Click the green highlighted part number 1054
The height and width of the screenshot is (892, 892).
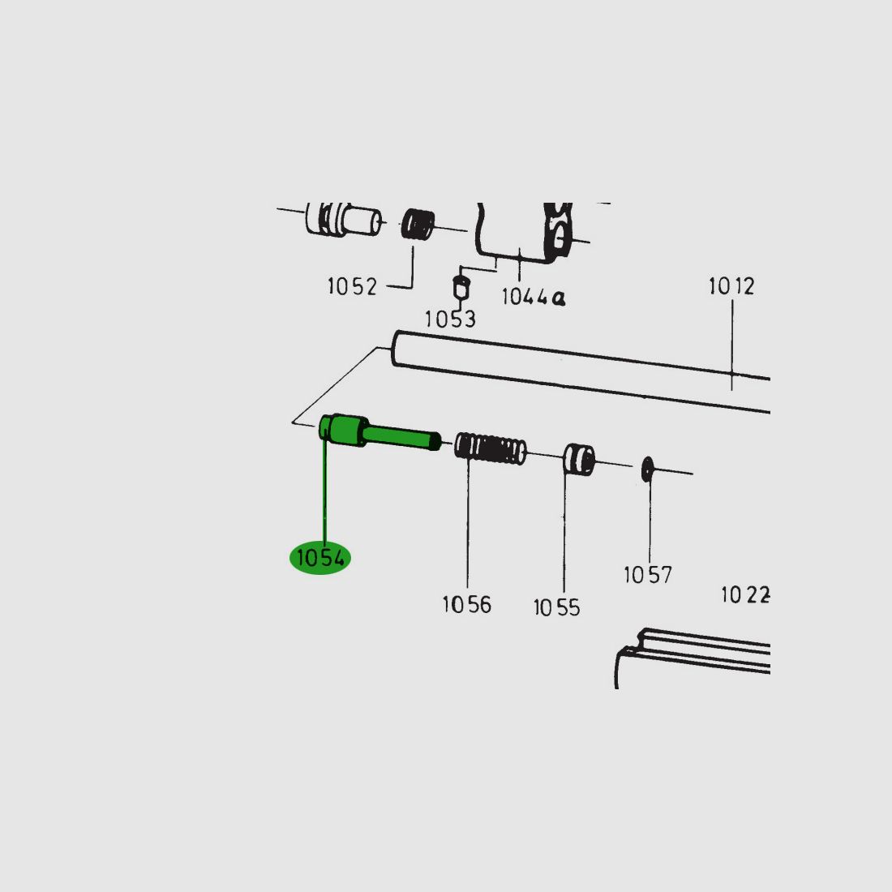[x=320, y=558]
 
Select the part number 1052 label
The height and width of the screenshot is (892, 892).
[x=352, y=286]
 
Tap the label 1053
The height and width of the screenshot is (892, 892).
[x=450, y=319]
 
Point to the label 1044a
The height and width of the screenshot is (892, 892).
[x=534, y=296]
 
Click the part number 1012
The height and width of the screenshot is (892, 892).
[x=731, y=285]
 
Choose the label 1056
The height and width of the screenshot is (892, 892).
[x=466, y=604]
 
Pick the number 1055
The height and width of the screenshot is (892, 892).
[x=556, y=607]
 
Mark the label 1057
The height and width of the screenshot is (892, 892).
[x=648, y=575]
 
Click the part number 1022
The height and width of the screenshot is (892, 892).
[x=745, y=595]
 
